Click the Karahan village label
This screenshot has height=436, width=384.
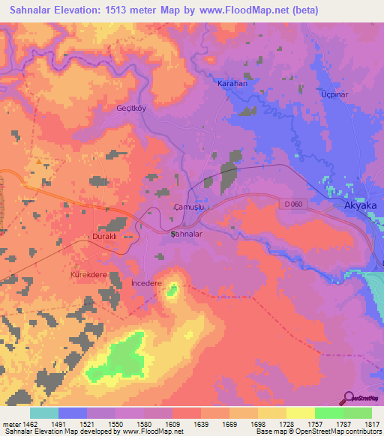coord(232,84)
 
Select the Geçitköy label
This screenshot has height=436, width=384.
coord(130,108)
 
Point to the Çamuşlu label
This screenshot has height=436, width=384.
coord(189,206)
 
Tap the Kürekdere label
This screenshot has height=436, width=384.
coord(89,275)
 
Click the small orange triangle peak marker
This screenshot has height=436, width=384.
coord(39,160)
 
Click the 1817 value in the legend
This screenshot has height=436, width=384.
coord(371,424)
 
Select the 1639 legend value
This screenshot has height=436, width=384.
coord(200,424)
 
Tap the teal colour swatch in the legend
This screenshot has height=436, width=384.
coord(43,413)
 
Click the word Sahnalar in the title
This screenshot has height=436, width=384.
coord(35,10)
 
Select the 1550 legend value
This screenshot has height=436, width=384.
coord(115,424)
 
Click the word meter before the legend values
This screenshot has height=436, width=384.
coord(10,424)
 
